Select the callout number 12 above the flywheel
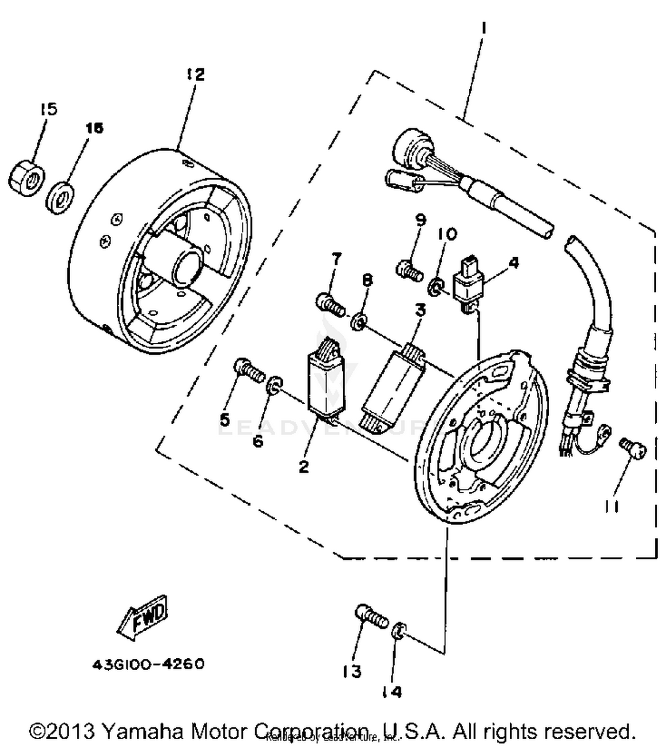tap(195, 74)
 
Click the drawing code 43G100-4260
tap(148, 664)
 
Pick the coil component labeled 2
tap(326, 382)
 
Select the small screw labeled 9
tap(409, 270)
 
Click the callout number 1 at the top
tap(484, 29)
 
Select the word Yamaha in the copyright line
tap(144, 730)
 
